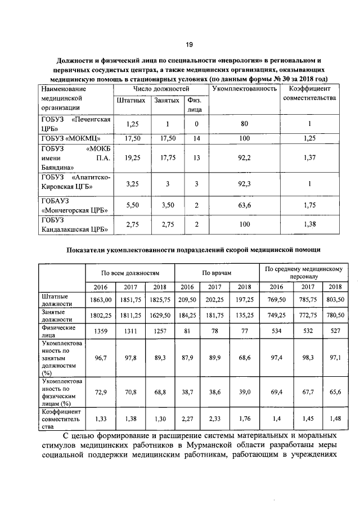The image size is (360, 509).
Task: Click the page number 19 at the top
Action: pyautogui.click(x=190, y=44)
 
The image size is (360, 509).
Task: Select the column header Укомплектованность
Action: pyautogui.click(x=244, y=89)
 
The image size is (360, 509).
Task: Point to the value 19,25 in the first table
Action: pyautogui.click(x=132, y=159)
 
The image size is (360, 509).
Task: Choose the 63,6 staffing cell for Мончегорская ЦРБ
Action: pyautogui.click(x=244, y=206)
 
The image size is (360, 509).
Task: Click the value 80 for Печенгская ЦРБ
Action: pyautogui.click(x=244, y=124)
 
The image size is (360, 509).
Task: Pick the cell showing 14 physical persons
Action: pyautogui.click(x=196, y=138)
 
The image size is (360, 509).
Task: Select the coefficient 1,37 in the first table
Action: pyautogui.click(x=310, y=159)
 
